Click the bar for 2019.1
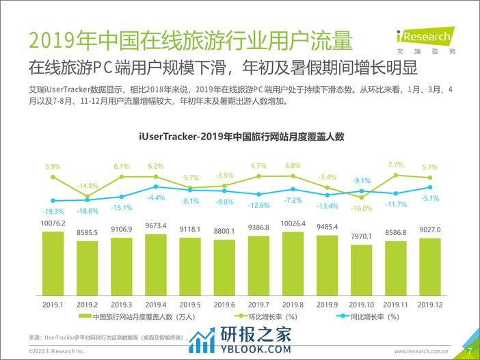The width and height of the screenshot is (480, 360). click(x=53, y=260)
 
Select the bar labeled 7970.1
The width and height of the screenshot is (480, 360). click(x=361, y=267)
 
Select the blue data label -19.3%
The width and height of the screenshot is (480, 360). click(x=53, y=211)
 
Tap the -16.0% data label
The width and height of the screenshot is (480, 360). click(x=362, y=208)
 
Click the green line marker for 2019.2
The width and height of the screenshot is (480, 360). click(x=87, y=196)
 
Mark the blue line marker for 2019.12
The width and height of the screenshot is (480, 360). click(x=430, y=187)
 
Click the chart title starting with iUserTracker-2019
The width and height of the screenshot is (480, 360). click(x=240, y=136)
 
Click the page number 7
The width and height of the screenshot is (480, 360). click(x=470, y=351)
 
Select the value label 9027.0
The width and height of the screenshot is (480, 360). click(x=429, y=230)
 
